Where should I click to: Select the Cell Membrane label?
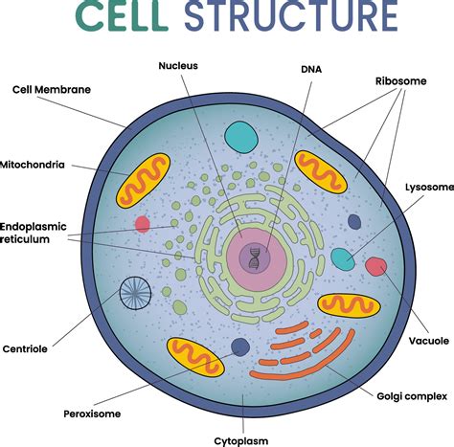point(52,90)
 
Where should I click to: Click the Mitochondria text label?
point(34,164)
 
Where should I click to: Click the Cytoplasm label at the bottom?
point(243,439)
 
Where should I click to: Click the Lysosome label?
point(429,188)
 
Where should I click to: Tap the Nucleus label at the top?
point(177,66)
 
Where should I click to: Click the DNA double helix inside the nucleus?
point(255,257)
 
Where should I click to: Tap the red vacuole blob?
point(375,266)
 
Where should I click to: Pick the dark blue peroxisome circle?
point(241,347)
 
